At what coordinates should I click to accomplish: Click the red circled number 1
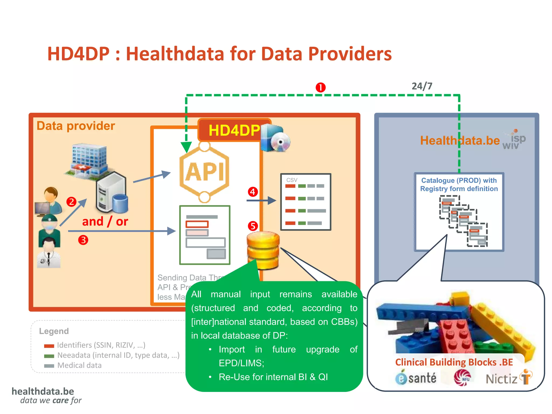(320, 87)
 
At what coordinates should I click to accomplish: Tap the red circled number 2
(71, 202)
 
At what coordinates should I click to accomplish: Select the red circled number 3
(83, 240)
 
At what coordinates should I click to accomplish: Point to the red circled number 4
(253, 192)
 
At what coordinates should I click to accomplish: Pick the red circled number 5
(253, 226)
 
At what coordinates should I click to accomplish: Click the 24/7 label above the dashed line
(422, 86)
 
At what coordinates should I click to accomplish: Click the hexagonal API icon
(205, 172)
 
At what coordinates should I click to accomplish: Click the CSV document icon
(306, 202)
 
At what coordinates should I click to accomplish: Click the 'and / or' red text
(105, 222)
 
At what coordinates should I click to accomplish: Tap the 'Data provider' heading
(76, 126)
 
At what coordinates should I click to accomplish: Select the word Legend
(54, 331)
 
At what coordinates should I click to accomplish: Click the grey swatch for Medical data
(49, 366)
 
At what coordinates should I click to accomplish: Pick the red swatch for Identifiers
(49, 346)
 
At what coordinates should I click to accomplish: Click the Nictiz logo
(508, 378)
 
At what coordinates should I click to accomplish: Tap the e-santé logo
(416, 378)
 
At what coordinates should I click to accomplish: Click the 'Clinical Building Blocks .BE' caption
(454, 362)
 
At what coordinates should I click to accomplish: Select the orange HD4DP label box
(234, 130)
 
